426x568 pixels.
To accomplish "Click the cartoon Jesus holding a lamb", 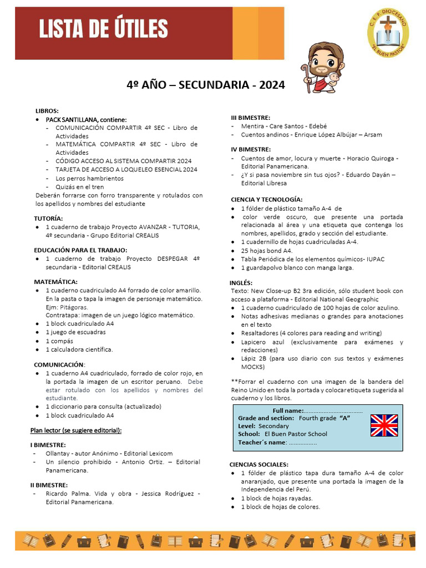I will (x=324, y=68).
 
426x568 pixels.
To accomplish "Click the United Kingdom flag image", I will (x=384, y=425).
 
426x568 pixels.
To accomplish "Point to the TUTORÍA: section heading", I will (x=48, y=219).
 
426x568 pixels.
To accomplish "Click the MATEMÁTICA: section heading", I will (x=55, y=282).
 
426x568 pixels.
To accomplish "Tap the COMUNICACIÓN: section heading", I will (x=59, y=365).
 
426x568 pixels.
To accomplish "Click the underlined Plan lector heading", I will (x=76, y=430).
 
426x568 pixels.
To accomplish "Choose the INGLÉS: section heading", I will (x=241, y=282).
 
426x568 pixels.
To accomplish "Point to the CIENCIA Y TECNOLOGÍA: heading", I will (x=266, y=199).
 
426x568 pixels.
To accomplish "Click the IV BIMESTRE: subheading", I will (x=251, y=149).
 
